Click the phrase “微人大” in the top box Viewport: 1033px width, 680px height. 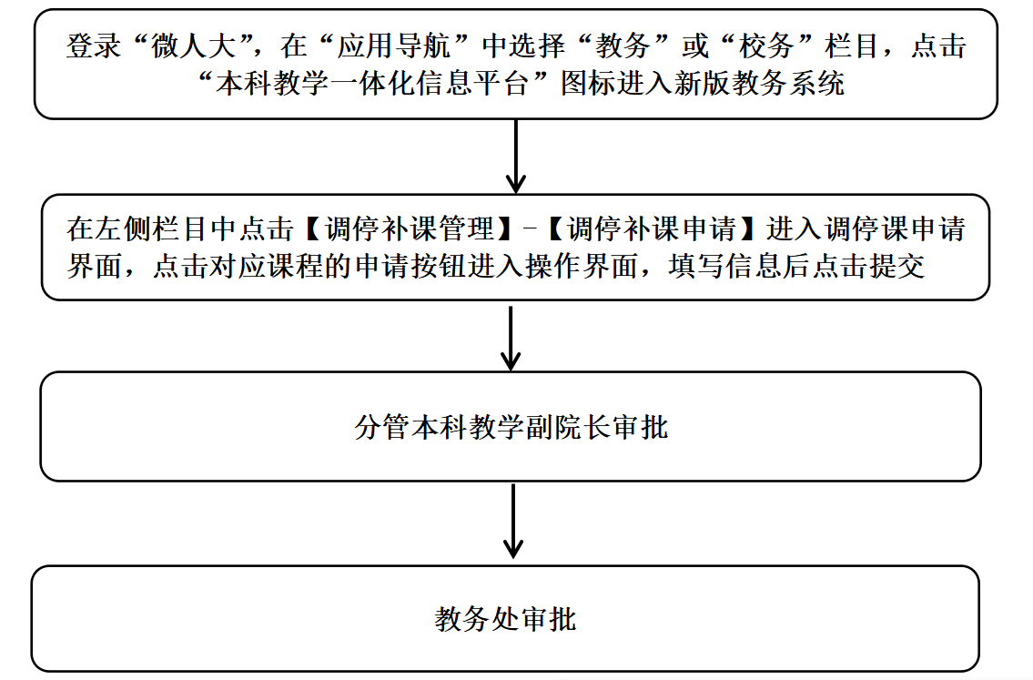point(193,46)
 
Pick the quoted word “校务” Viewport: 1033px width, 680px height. point(766,46)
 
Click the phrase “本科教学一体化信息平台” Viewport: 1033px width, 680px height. point(373,84)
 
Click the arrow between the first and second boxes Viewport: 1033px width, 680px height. point(516,157)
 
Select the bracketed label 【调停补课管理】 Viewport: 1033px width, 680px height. point(409,229)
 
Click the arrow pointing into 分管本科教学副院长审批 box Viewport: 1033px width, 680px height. point(511,338)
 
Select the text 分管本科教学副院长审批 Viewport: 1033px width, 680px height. point(511,427)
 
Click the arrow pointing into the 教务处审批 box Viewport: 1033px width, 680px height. point(513,521)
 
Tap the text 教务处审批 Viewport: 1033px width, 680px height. point(505,619)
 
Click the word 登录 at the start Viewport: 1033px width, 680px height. point(94,46)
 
